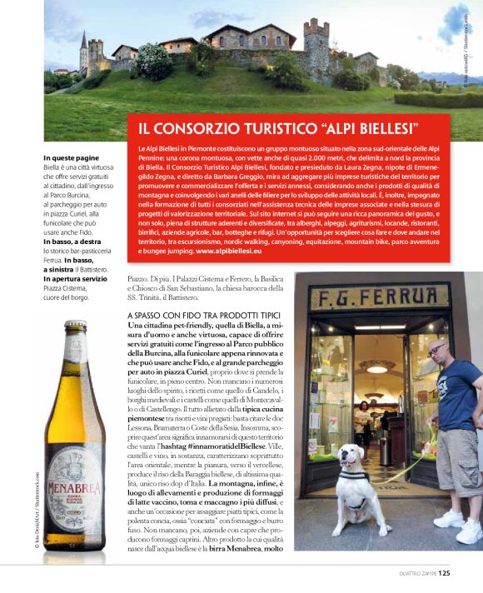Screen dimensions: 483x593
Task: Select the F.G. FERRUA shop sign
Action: coord(380,298)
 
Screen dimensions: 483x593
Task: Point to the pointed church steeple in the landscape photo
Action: coord(83,41)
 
